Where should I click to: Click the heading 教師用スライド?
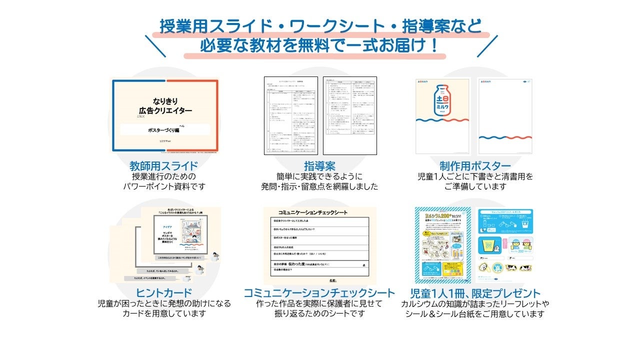pos(163,166)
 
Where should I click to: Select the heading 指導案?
pos(319,166)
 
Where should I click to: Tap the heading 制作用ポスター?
pos(475,166)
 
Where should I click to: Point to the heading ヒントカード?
pos(163,293)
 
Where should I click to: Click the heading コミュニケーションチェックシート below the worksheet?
pos(319,293)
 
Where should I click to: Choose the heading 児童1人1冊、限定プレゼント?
pos(475,293)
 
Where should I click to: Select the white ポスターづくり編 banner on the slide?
pos(165,129)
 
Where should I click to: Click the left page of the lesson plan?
pos(291,115)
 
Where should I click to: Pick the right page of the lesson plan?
pos(349,115)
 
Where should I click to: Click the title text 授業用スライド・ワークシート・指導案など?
pos(320,26)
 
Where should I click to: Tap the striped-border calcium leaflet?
pos(443,245)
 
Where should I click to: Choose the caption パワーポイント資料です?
pos(164,186)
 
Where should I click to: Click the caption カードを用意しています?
pos(164,313)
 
